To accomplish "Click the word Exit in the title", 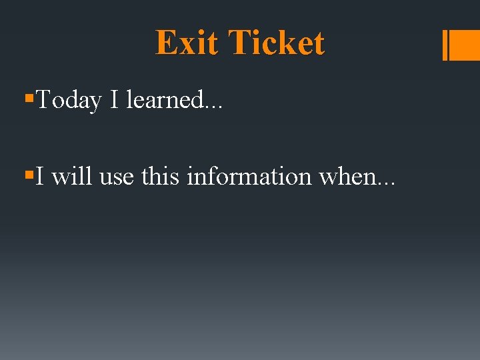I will [186, 43].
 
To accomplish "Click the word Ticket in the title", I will [275, 43].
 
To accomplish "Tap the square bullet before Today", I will [28, 98].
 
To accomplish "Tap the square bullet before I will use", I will [28, 175].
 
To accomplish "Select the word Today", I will [69, 101].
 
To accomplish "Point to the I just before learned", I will [114, 100].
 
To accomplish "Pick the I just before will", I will [41, 177].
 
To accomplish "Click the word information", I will [250, 177].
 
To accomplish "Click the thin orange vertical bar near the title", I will [445, 45].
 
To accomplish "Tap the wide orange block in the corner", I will [466, 45].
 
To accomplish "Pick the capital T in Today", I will [44, 100].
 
